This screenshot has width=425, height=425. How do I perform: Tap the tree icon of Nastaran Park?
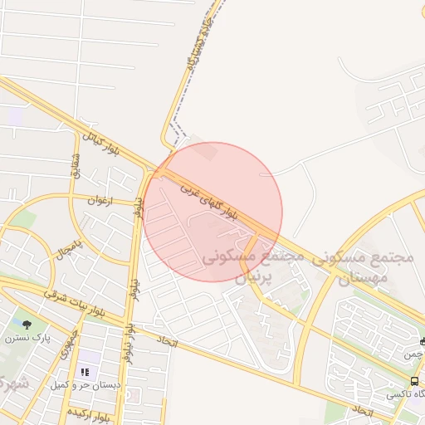[x=27, y=325]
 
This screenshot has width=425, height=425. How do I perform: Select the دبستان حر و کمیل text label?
[x=85, y=385]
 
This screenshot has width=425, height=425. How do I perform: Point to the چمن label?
[x=413, y=354]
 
